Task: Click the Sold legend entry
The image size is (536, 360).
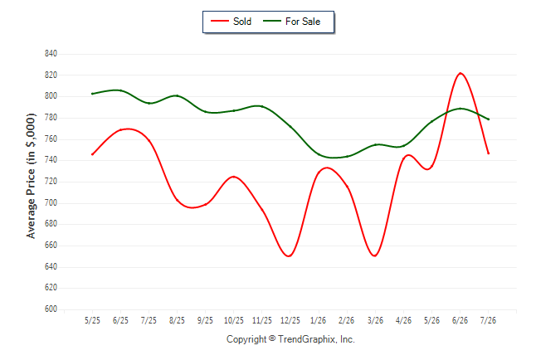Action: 231,22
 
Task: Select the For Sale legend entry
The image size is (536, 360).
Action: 291,22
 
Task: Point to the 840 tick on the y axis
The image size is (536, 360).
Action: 51,54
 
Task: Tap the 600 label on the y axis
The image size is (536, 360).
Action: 51,309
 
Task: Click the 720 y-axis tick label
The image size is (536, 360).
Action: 51,182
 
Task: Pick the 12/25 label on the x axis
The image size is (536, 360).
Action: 290,321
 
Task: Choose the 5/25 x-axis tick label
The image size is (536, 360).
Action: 92,321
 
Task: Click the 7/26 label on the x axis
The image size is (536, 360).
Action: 488,321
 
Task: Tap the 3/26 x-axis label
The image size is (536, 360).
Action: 375,321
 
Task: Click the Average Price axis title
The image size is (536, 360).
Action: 31,176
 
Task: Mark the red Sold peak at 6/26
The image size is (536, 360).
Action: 460,73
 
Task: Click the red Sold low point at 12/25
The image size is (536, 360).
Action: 290,255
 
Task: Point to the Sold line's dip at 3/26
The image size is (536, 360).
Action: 375,255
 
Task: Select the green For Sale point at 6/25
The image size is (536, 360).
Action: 120,90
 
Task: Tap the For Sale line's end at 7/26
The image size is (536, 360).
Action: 489,119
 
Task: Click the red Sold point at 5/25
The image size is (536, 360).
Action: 92,154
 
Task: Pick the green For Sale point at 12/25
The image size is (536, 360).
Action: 290,127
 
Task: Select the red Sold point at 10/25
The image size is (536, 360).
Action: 234,177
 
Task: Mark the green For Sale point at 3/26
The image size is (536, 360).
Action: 375,145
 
